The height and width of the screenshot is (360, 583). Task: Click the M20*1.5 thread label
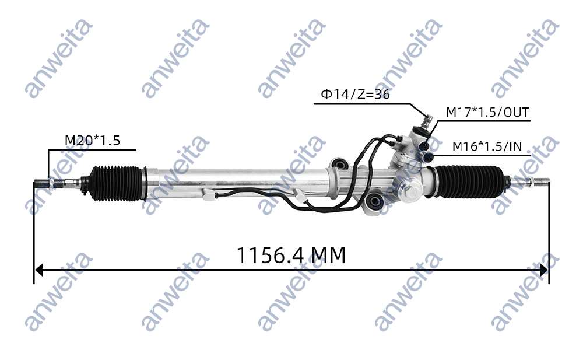(x=92, y=141)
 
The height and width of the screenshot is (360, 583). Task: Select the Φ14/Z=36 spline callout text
(x=354, y=94)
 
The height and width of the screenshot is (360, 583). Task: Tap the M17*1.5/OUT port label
(x=487, y=112)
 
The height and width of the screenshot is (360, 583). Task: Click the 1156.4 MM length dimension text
(x=291, y=255)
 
